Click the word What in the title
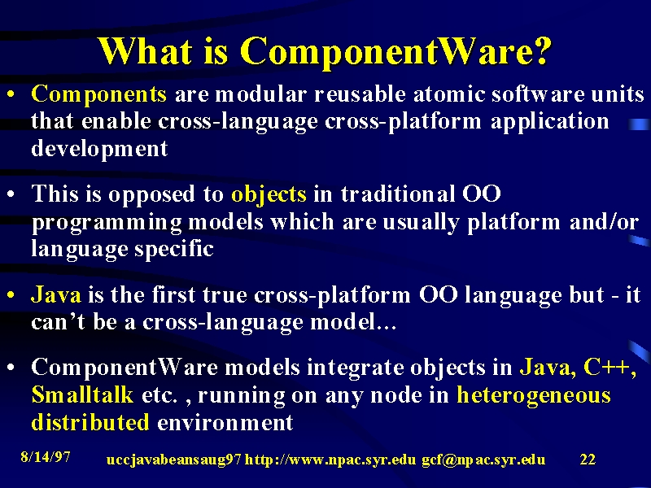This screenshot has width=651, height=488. pyautogui.click(x=146, y=50)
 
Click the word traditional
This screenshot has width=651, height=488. pyautogui.click(x=397, y=194)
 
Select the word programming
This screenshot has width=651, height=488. pyautogui.click(x=107, y=223)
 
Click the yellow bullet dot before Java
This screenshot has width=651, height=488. pyautogui.click(x=11, y=295)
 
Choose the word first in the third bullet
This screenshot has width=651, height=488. pyautogui.click(x=173, y=294)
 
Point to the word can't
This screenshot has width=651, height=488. pyautogui.click(x=58, y=322)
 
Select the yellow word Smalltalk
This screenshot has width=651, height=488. pyautogui.click(x=82, y=394)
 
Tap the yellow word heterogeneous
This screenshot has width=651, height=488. pyautogui.click(x=534, y=395)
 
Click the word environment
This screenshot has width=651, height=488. pyautogui.click(x=225, y=422)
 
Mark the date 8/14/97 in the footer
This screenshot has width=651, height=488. pyautogui.click(x=46, y=457)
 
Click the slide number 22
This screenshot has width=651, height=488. pyautogui.click(x=588, y=460)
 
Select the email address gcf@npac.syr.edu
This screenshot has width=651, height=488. pyautogui.click(x=483, y=460)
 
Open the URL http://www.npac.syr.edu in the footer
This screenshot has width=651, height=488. pyautogui.click(x=330, y=460)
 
